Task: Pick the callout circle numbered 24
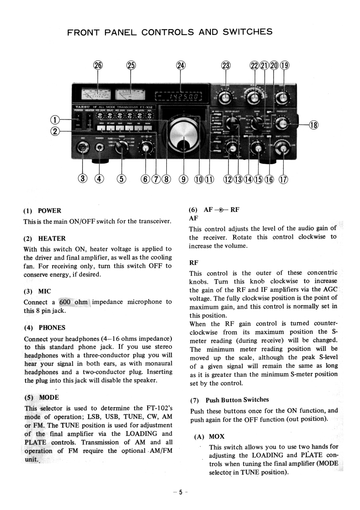181,65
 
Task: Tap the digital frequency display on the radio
178,96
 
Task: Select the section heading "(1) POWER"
42,211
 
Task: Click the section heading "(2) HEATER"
45,238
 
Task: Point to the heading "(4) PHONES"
44,327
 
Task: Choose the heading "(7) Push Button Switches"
229,400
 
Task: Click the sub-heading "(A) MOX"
206,436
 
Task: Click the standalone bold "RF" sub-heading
193,262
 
